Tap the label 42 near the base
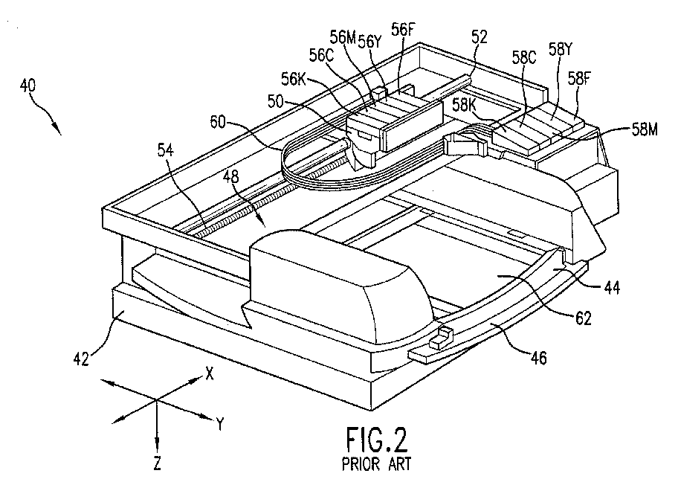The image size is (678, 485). click(81, 359)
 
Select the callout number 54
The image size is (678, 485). click(165, 150)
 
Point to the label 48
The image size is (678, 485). click(232, 176)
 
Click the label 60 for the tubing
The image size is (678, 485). click(218, 122)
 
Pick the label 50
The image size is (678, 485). click(275, 102)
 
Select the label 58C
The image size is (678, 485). click(524, 57)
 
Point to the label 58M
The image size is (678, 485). click(645, 129)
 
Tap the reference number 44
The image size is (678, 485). click(611, 288)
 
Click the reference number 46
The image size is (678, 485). click(538, 357)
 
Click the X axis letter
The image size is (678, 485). click(210, 373)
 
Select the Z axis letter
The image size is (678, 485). click(158, 463)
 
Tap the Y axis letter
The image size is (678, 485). click(220, 425)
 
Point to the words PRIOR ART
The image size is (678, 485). click(376, 464)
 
